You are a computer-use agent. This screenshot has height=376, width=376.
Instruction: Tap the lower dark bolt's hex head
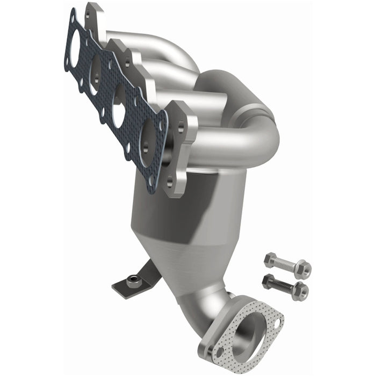click(267, 279)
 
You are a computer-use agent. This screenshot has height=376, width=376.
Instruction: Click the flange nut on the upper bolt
click(302, 267)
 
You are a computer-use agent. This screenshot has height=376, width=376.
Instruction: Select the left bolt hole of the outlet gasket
click(218, 353)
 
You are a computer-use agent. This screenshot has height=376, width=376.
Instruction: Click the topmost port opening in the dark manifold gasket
click(75, 41)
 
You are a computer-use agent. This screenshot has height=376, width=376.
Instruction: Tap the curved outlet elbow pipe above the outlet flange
click(226, 306)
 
